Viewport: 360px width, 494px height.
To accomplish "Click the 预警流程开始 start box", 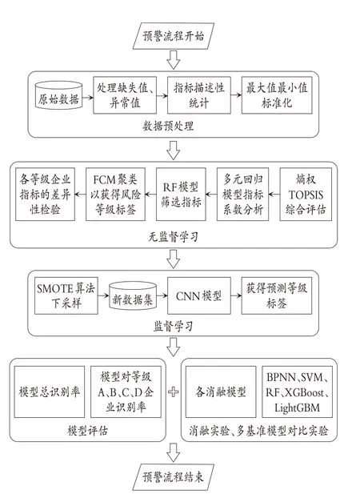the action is [x=173, y=36].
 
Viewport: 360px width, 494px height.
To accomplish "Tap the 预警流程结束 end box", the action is [x=173, y=477].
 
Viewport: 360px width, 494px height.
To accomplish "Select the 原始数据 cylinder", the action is [x=58, y=95].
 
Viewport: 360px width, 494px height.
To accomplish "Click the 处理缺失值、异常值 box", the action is [x=125, y=94].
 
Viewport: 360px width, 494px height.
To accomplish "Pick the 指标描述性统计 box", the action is [x=199, y=94].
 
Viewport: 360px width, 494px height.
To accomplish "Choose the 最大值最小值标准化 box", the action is [x=277, y=94].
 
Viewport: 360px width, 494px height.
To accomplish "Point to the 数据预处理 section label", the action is [x=168, y=126].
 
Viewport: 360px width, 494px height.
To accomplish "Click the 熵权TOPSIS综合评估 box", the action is [x=306, y=194].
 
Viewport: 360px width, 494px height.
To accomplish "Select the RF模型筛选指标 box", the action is [x=181, y=194].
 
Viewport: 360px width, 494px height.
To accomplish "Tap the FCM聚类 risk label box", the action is [x=115, y=194].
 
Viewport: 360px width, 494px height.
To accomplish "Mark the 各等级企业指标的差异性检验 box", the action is [x=45, y=194].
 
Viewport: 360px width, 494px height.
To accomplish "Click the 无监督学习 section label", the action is [x=174, y=237].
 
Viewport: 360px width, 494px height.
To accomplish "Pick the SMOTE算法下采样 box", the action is [x=66, y=295].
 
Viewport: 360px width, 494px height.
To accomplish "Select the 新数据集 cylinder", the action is [x=133, y=296].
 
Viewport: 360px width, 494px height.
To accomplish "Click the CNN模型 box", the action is [x=199, y=295].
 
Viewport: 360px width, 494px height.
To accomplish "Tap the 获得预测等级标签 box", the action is [x=277, y=295].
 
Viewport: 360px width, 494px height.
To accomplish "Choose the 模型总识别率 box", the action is [x=50, y=392].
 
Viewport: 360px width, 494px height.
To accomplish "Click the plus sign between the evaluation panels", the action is [x=174, y=392].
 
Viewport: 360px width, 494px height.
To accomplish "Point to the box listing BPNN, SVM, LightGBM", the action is [x=298, y=392].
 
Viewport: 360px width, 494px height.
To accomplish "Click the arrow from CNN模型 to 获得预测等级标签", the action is [x=236, y=295].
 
